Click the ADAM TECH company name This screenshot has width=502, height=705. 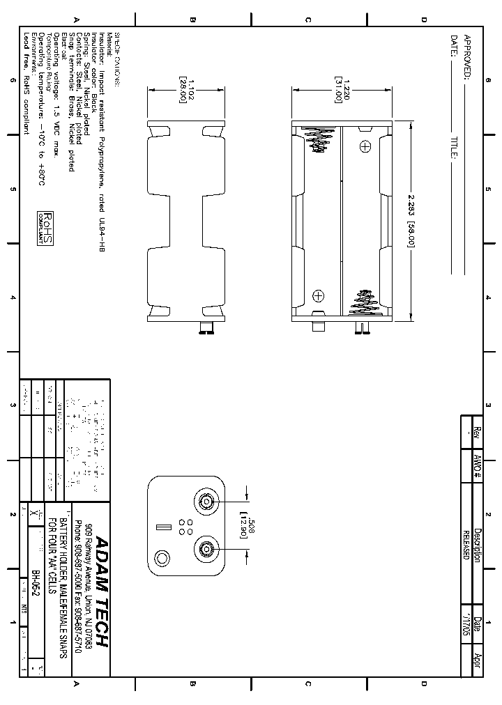click(x=101, y=591)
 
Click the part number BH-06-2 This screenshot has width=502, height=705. click(x=35, y=582)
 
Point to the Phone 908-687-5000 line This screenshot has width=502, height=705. click(x=78, y=582)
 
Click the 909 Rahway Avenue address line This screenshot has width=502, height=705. click(x=89, y=582)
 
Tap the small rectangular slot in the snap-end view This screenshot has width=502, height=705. click(x=164, y=527)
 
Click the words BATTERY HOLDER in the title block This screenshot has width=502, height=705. click(x=63, y=543)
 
